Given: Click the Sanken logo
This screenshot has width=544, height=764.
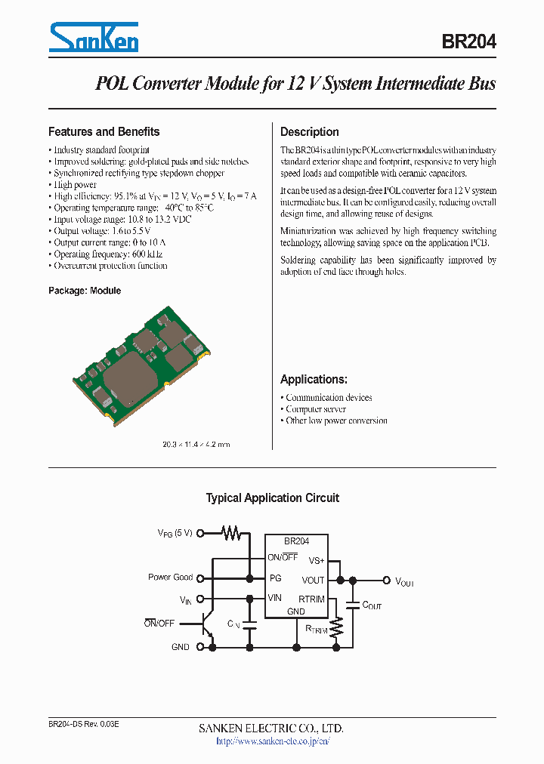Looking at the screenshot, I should coord(93,37).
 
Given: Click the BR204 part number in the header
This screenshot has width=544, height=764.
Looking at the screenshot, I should coord(468,42).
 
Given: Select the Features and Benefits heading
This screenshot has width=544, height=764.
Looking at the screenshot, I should coord(104,131).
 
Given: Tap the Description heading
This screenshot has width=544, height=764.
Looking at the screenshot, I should coord(309,131).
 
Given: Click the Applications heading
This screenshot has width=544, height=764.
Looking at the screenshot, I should coord(314,379).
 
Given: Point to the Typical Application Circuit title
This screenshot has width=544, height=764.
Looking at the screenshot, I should coord(272,498).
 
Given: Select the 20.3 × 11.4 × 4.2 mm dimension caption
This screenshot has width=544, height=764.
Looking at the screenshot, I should coord(196,445).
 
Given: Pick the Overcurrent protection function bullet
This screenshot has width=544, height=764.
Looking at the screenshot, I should coord(110,266).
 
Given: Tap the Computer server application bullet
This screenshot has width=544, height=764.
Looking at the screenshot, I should coord(315,409).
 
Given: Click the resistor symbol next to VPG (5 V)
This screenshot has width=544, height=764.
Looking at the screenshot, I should coord(231,533).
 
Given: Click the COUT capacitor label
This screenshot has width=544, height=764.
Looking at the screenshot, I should coord(372,605).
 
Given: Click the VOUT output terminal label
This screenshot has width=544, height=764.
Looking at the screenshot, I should coord(404,581).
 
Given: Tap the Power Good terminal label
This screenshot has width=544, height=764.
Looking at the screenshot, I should coord(170,578).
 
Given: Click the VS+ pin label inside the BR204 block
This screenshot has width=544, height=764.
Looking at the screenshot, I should coord(316,560).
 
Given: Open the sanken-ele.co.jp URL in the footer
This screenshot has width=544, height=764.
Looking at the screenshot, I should coord(273,741).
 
